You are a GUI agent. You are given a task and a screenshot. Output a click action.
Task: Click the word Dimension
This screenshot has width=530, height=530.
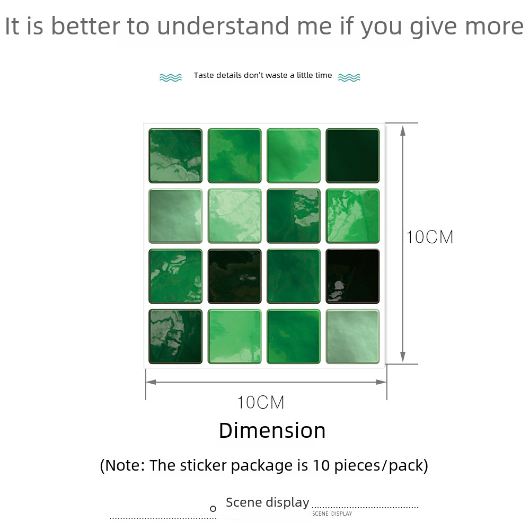[272, 430]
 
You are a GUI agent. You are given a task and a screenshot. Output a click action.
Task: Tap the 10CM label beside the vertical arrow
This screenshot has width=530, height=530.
[430, 237]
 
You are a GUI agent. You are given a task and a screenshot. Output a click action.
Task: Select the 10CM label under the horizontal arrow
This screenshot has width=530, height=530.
[261, 402]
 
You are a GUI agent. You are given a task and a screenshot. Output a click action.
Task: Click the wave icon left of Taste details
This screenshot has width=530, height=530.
[171, 77]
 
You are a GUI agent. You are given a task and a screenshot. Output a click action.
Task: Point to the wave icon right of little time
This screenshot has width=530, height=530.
[349, 77]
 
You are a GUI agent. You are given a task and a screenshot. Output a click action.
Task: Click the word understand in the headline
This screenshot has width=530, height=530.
[223, 26]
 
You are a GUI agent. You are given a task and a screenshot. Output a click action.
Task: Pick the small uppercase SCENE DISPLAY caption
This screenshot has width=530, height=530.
[332, 514]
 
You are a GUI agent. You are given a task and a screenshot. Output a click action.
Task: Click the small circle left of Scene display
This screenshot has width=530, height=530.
[213, 508]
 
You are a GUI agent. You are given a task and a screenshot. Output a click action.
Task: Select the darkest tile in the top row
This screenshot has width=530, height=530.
[352, 156]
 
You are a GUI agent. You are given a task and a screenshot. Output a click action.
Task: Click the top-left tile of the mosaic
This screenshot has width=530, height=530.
[175, 156]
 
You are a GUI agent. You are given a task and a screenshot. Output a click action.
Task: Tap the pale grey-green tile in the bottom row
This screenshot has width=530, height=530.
[352, 337]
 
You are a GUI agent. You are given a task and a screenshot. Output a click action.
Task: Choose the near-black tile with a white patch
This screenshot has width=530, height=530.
[352, 276]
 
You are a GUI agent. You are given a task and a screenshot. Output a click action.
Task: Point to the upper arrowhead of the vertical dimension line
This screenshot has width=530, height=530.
[403, 130]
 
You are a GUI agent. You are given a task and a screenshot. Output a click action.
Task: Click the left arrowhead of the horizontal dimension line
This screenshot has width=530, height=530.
[151, 382]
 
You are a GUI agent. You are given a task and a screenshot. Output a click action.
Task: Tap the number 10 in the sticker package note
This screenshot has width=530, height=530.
[321, 465]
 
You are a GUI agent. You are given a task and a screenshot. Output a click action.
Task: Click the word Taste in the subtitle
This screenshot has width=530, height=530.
[204, 75]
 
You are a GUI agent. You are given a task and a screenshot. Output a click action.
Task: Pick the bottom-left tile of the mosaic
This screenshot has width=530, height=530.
[175, 337]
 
